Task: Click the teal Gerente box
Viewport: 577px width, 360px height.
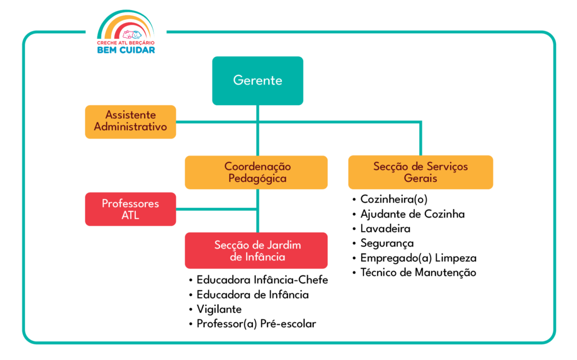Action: (x=258, y=81)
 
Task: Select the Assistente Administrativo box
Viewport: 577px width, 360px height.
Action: (x=130, y=121)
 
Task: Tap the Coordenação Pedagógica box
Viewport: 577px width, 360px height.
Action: (x=256, y=172)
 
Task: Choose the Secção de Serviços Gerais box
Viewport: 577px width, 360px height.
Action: (x=420, y=172)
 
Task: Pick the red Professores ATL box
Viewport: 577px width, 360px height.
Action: (x=130, y=209)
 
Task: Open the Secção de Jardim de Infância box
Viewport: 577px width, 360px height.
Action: (x=256, y=251)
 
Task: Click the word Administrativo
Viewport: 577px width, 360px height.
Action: (x=130, y=127)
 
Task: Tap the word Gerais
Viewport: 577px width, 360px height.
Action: (x=420, y=179)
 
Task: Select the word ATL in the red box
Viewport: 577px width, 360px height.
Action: (x=130, y=216)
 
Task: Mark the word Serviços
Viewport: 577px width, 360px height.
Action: (x=446, y=167)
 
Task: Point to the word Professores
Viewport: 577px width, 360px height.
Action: (x=130, y=203)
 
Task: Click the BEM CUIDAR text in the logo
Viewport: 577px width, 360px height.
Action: (x=126, y=50)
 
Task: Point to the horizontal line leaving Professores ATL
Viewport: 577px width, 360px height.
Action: (x=217, y=210)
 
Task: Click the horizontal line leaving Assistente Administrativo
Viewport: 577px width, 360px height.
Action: (x=214, y=121)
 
